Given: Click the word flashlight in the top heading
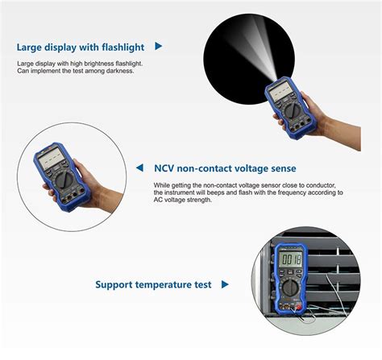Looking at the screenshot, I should click(x=117, y=47).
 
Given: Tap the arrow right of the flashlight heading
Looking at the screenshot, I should click(x=158, y=47).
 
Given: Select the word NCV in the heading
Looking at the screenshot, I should click(x=167, y=169).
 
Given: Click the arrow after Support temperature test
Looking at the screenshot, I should click(x=225, y=284).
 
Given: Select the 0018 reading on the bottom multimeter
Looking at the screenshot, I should click(x=290, y=259).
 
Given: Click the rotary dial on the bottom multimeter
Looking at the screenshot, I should click(x=290, y=288).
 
